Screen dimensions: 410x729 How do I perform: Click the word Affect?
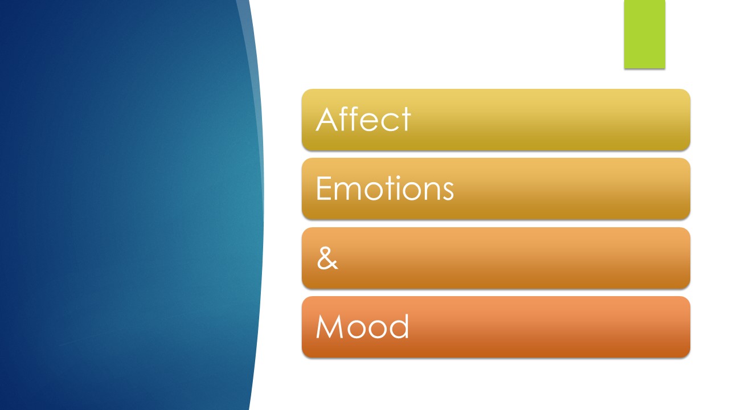tap(363, 120)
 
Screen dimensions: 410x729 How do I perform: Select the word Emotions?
tap(384, 188)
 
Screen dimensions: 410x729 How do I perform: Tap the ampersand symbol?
tap(327, 258)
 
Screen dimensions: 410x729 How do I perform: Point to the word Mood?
tap(362, 327)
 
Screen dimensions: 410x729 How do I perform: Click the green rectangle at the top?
tap(644, 34)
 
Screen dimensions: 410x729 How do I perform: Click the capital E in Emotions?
tap(322, 188)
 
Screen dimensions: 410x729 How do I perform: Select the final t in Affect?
tap(406, 120)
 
